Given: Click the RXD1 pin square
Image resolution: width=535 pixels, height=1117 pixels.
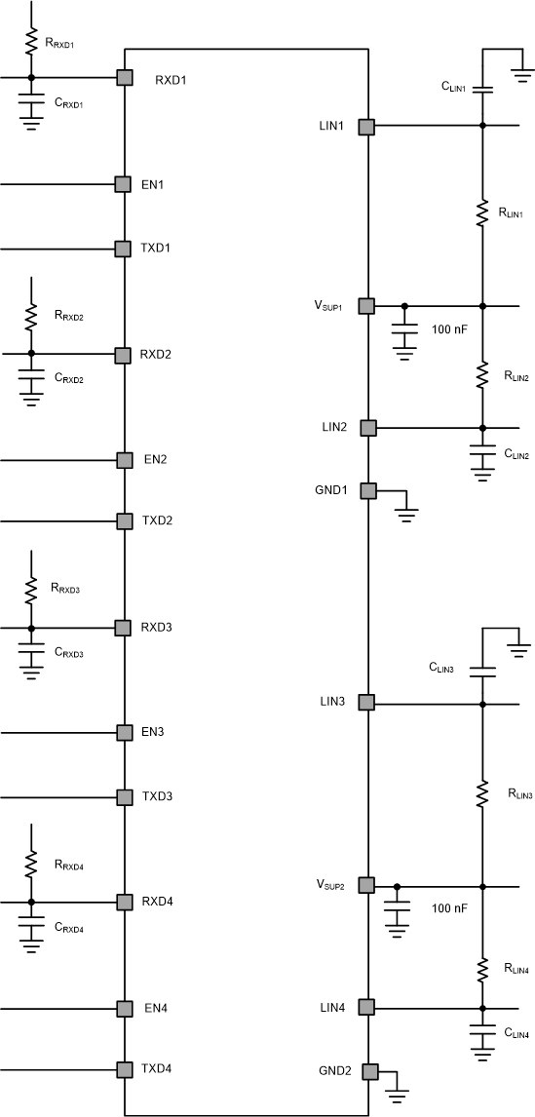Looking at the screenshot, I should [x=124, y=78].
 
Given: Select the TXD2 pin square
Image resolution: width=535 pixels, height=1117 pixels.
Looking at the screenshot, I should [x=124, y=520].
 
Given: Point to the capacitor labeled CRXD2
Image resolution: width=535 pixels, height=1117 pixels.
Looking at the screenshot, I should [x=31, y=374].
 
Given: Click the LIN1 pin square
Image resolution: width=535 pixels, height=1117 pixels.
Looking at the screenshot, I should [x=366, y=126].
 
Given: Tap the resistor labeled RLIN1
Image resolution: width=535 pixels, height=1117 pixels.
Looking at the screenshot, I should [x=481, y=212].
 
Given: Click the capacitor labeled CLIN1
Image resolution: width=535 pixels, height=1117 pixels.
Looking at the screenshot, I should [x=481, y=90].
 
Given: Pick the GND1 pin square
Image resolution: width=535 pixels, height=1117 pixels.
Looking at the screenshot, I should [x=367, y=490].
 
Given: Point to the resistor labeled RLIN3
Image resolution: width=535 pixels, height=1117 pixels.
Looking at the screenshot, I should [x=481, y=793].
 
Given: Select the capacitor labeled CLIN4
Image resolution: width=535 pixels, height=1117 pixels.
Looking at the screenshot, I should [x=481, y=1030].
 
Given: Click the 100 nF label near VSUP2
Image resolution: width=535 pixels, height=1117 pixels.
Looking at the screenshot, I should [x=449, y=907].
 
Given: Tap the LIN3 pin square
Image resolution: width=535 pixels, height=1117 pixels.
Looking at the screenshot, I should [x=366, y=702].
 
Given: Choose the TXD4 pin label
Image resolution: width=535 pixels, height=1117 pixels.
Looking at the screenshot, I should [x=157, y=1068].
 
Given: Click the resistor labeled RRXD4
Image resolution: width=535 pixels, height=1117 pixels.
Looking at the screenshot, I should [x=31, y=864].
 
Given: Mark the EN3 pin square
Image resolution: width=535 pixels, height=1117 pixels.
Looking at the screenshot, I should [x=124, y=732].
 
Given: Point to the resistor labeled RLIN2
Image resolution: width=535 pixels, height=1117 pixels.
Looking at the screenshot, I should [x=481, y=374].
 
